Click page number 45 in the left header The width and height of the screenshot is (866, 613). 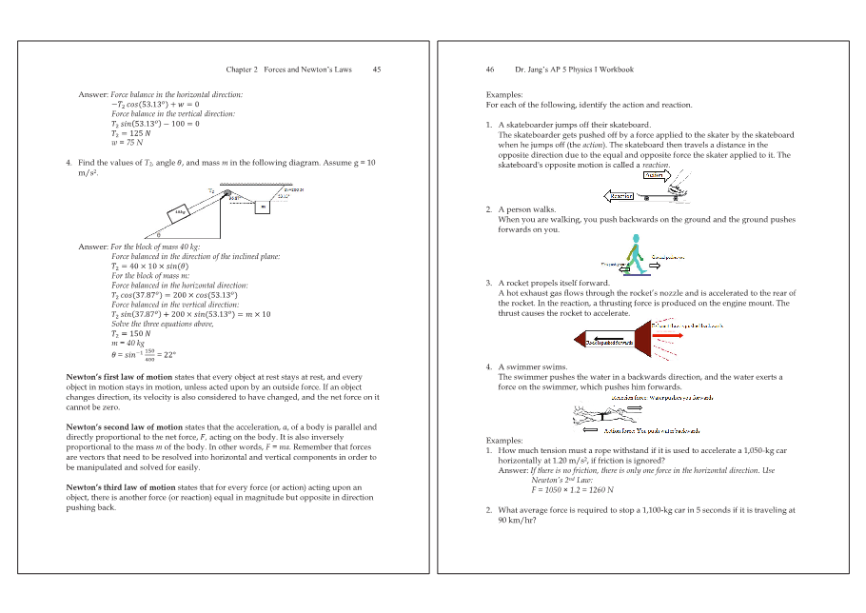click(377, 69)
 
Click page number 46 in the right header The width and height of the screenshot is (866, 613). click(490, 69)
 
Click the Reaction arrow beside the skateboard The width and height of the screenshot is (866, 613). click(620, 196)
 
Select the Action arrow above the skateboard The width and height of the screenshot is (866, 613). click(654, 175)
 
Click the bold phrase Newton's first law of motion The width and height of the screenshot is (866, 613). click(119, 377)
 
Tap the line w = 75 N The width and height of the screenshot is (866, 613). click(127, 143)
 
